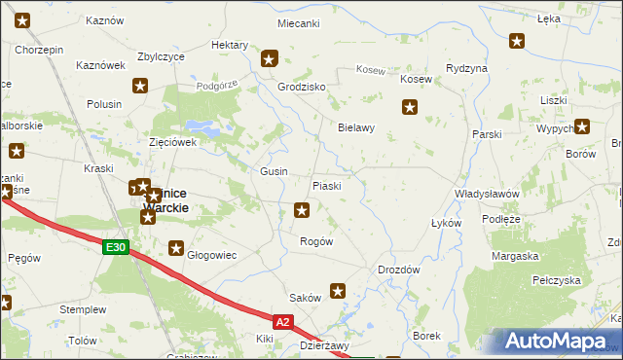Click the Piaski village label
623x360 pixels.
(325, 186)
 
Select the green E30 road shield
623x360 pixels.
(116, 248)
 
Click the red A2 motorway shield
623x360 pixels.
(282, 321)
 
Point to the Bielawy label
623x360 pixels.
(355, 127)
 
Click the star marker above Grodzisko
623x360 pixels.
(270, 58)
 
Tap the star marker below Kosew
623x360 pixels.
(410, 108)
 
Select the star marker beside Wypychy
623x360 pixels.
(582, 126)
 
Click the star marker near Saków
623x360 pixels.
(338, 290)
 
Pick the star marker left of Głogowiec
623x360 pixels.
(176, 248)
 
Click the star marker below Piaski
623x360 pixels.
(303, 209)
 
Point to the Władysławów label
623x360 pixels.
(487, 194)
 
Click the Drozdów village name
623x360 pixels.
(398, 270)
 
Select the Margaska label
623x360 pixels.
(516, 256)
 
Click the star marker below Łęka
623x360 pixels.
(517, 41)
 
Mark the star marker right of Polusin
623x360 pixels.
(141, 87)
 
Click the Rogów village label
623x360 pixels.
(316, 241)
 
